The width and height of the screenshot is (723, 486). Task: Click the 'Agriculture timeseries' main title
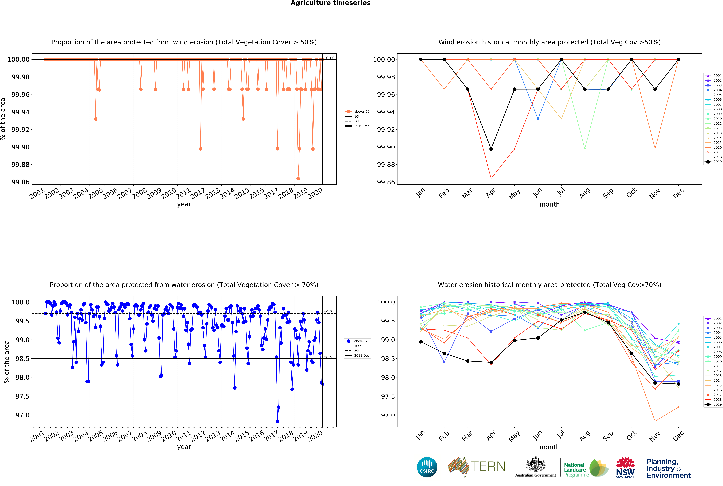(x=330, y=3)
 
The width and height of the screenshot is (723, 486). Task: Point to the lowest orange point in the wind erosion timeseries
(x=298, y=179)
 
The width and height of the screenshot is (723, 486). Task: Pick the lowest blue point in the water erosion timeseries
(x=277, y=421)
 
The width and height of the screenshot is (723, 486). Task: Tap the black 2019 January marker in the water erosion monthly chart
(x=421, y=342)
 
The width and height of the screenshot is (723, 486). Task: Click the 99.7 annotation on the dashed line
(x=328, y=312)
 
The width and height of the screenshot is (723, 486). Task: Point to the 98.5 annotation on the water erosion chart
(x=328, y=357)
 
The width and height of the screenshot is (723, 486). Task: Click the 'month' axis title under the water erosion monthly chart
(x=549, y=447)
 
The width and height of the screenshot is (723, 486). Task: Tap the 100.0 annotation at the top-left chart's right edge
(x=329, y=58)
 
